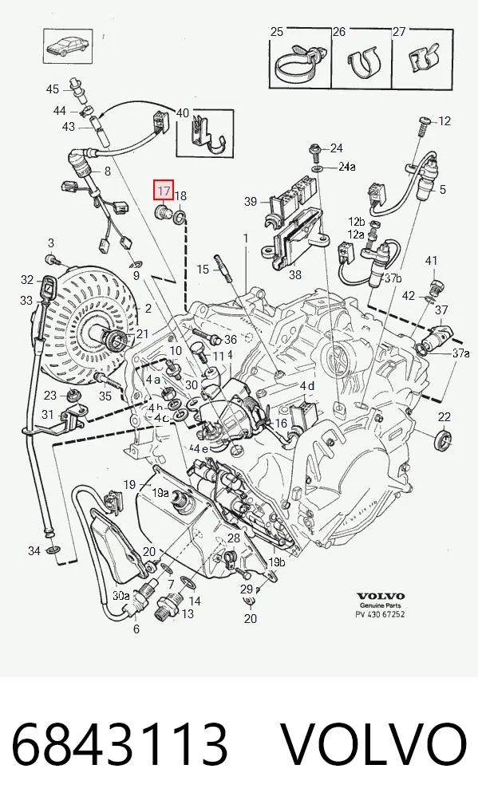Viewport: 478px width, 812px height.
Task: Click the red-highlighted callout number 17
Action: tap(163, 190)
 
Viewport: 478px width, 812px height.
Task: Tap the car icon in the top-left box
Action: tap(68, 46)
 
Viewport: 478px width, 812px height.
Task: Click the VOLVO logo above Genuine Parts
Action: tap(380, 596)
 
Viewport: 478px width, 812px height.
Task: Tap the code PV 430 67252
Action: tap(380, 614)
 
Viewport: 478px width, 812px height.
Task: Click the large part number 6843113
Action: tap(120, 744)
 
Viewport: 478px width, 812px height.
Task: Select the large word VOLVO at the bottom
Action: tap(373, 744)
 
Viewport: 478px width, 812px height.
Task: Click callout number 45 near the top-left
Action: tap(53, 89)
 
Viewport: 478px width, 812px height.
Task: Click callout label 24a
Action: tap(347, 167)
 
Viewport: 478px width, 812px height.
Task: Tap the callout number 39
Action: tap(251, 201)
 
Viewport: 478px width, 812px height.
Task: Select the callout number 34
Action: tap(34, 550)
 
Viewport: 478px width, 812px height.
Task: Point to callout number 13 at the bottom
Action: tap(187, 613)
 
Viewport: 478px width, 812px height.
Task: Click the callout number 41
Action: tap(432, 261)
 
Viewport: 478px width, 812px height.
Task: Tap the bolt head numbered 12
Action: tap(423, 121)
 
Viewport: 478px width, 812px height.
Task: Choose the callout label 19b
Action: tap(276, 562)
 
